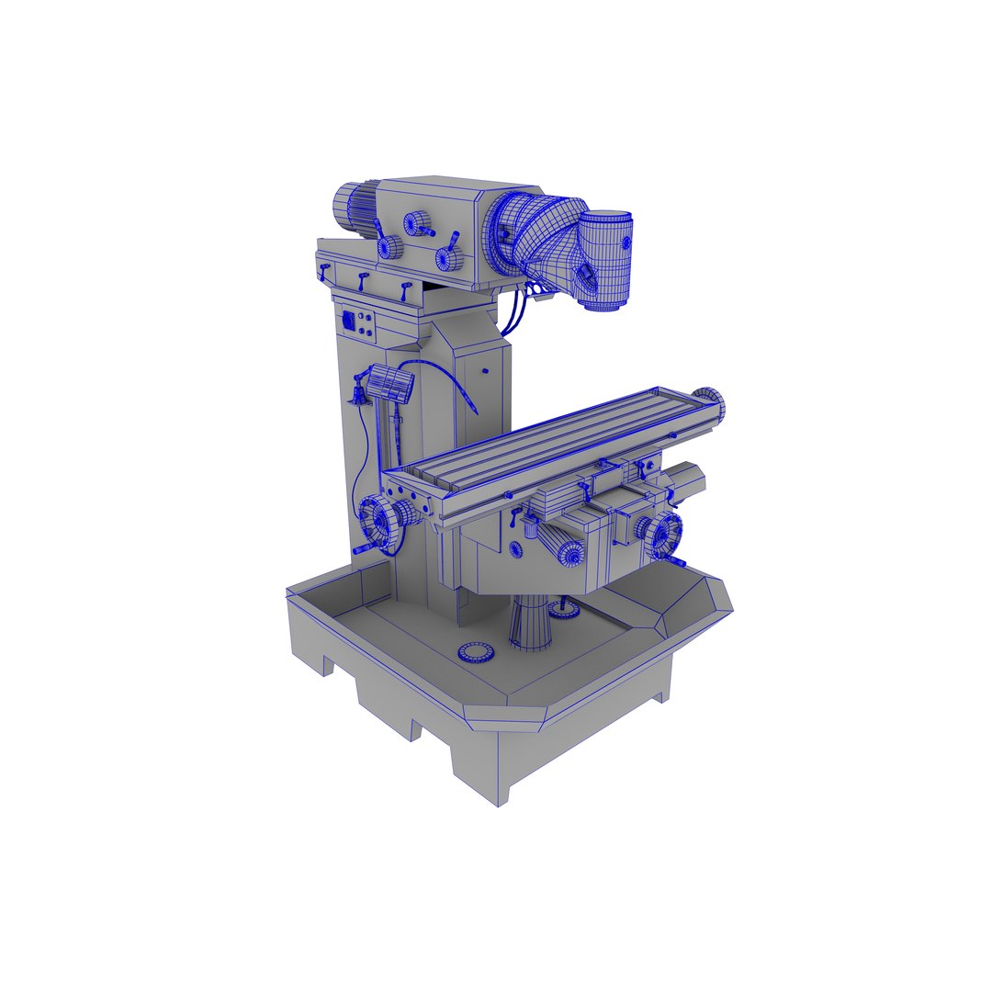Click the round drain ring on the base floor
[476, 652]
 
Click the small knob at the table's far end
[714, 401]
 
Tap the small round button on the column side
[484, 371]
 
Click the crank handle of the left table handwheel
[366, 550]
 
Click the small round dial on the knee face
[515, 549]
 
